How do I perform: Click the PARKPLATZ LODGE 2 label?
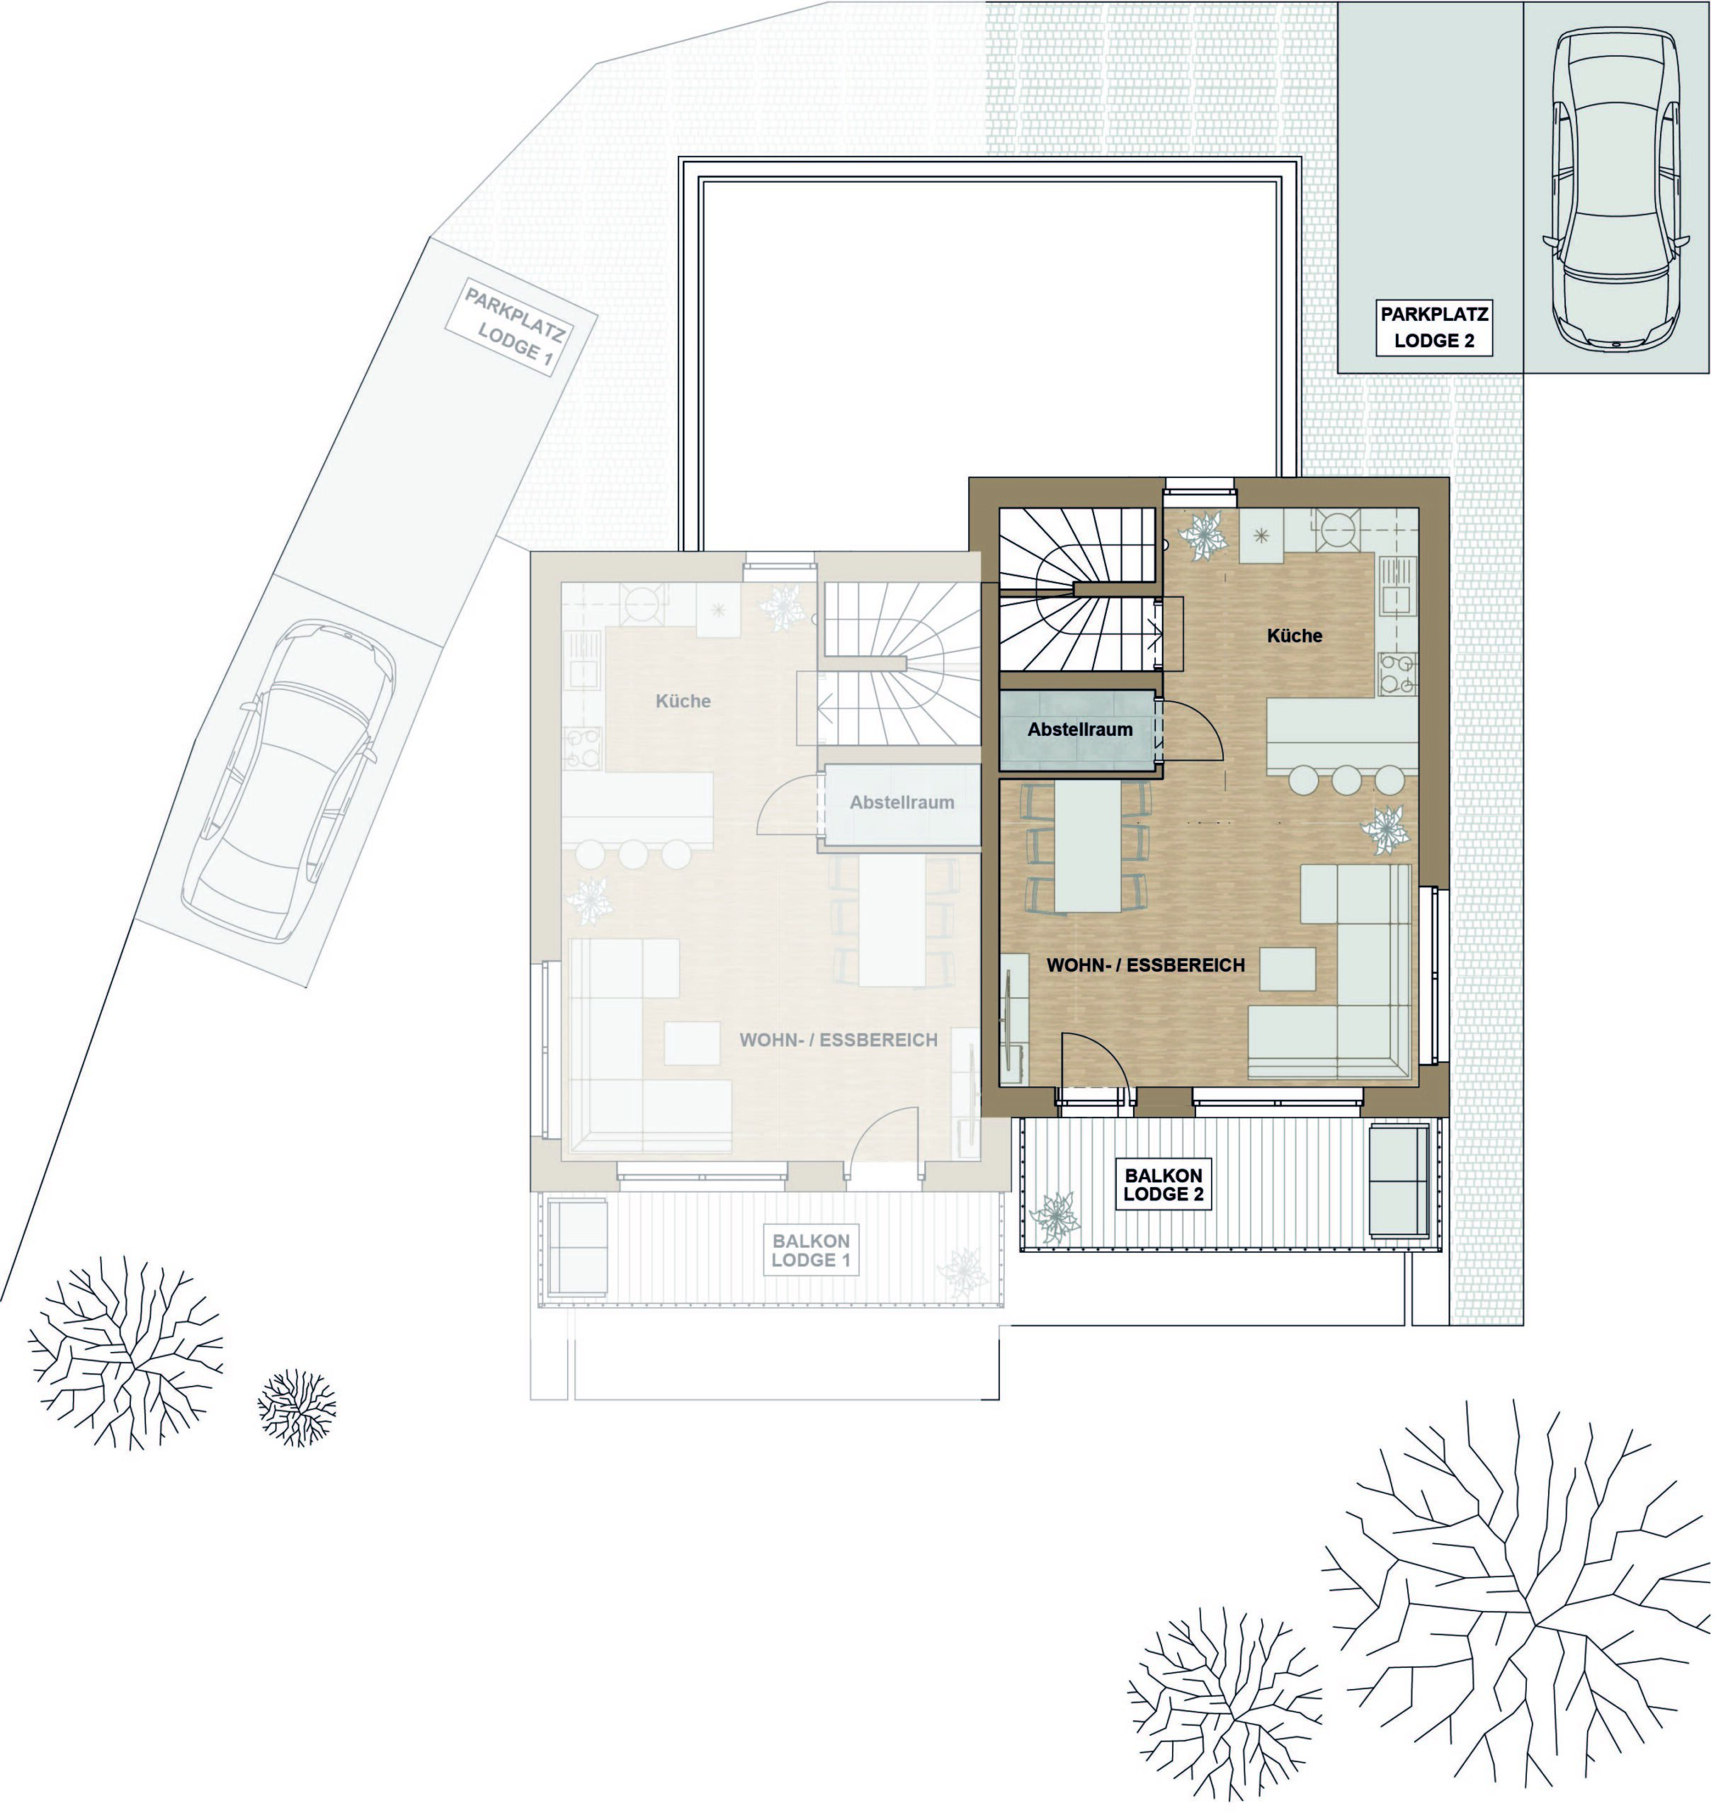[1434, 328]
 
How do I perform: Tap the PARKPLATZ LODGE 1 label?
[515, 328]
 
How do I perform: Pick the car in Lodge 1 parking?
[290, 780]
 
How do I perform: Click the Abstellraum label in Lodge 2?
[1079, 729]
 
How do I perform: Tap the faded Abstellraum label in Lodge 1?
[902, 802]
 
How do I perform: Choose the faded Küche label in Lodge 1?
[683, 701]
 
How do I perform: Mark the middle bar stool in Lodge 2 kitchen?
[1346, 779]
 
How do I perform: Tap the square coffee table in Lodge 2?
[1288, 968]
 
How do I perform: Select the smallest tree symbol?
[297, 1406]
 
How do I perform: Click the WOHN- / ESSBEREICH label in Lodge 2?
[1146, 965]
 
